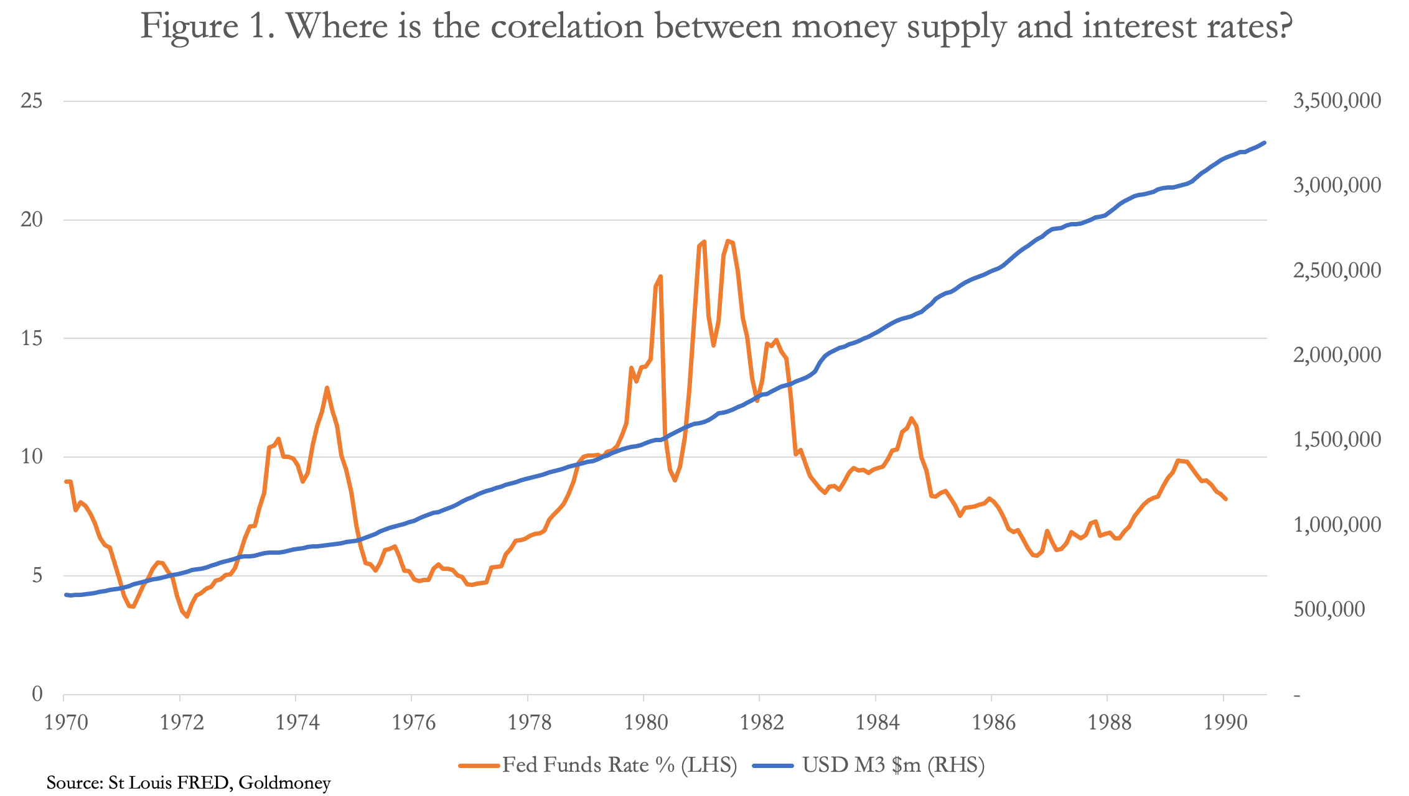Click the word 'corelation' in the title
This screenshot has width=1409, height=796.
click(567, 26)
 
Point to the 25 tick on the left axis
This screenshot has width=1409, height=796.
click(32, 101)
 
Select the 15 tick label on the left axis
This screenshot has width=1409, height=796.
click(32, 338)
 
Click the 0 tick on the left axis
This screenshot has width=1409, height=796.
click(38, 694)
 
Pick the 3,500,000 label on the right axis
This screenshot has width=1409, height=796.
click(1337, 101)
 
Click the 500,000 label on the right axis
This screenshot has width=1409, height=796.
click(1329, 609)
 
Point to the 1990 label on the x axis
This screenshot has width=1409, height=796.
click(1224, 723)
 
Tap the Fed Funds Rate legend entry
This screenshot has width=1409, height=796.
click(597, 765)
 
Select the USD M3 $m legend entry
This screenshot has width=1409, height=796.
click(868, 765)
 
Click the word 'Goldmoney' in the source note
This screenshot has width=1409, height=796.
click(284, 782)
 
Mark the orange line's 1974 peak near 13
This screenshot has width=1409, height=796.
click(327, 387)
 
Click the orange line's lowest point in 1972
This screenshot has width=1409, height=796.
click(187, 616)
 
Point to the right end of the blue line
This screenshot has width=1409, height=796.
click(1265, 142)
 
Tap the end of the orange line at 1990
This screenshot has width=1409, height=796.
click(1225, 499)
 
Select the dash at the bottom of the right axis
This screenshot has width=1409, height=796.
click(1297, 695)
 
